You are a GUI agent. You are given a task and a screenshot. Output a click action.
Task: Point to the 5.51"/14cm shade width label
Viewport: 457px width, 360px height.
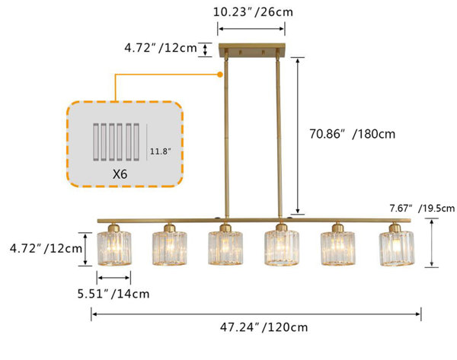click(113, 293)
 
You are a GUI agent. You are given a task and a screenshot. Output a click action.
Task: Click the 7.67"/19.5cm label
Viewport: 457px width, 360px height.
click(421, 208)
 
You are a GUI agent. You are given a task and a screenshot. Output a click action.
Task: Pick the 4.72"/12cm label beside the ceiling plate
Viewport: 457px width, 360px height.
click(160, 49)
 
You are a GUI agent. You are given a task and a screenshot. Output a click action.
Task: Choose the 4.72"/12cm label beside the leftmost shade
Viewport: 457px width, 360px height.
click(46, 248)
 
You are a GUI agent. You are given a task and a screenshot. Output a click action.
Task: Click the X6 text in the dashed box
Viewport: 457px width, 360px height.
click(120, 174)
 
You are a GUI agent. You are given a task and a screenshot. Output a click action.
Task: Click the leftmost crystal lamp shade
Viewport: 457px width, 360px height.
click(114, 247)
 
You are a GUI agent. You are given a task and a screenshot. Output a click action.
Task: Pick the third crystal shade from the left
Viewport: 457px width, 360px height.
click(225, 247)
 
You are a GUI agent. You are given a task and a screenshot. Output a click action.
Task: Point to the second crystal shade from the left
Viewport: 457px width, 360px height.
click(170, 247)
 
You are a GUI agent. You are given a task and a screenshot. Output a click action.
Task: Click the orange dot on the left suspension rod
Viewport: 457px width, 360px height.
click(220, 74)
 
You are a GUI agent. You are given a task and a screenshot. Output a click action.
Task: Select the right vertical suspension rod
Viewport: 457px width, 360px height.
click(280, 137)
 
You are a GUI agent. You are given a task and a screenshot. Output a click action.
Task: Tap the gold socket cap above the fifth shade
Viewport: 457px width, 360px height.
click(337, 227)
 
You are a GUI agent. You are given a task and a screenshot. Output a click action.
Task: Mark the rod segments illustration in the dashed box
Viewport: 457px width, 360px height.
click(117, 142)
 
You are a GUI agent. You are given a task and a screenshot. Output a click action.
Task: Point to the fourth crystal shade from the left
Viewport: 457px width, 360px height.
click(282, 247)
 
